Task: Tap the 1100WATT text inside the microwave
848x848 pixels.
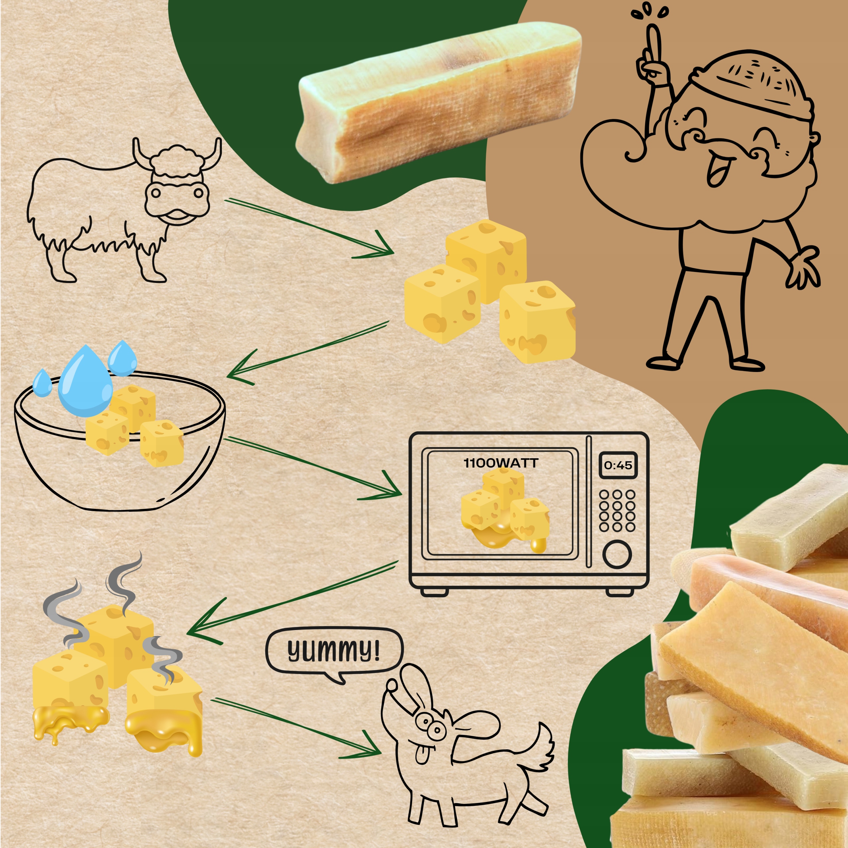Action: [x=501, y=463]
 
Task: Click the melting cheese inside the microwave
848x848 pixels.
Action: [x=505, y=509]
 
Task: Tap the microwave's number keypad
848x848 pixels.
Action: [x=617, y=510]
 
